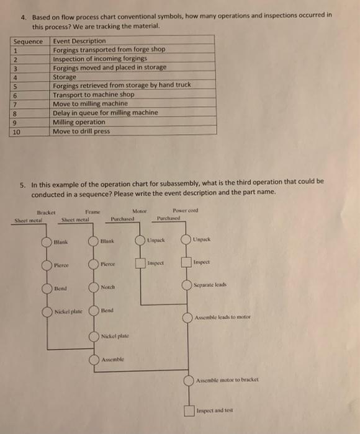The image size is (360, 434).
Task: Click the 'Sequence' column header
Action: tap(27, 41)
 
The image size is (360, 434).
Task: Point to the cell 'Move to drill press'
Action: tap(81, 131)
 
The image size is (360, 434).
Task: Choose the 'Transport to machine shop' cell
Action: tap(93, 95)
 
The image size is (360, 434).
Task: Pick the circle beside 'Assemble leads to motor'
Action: tap(187, 317)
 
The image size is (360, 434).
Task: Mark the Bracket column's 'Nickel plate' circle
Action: tap(48, 312)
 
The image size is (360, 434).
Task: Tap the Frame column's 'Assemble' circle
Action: tap(93, 359)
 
